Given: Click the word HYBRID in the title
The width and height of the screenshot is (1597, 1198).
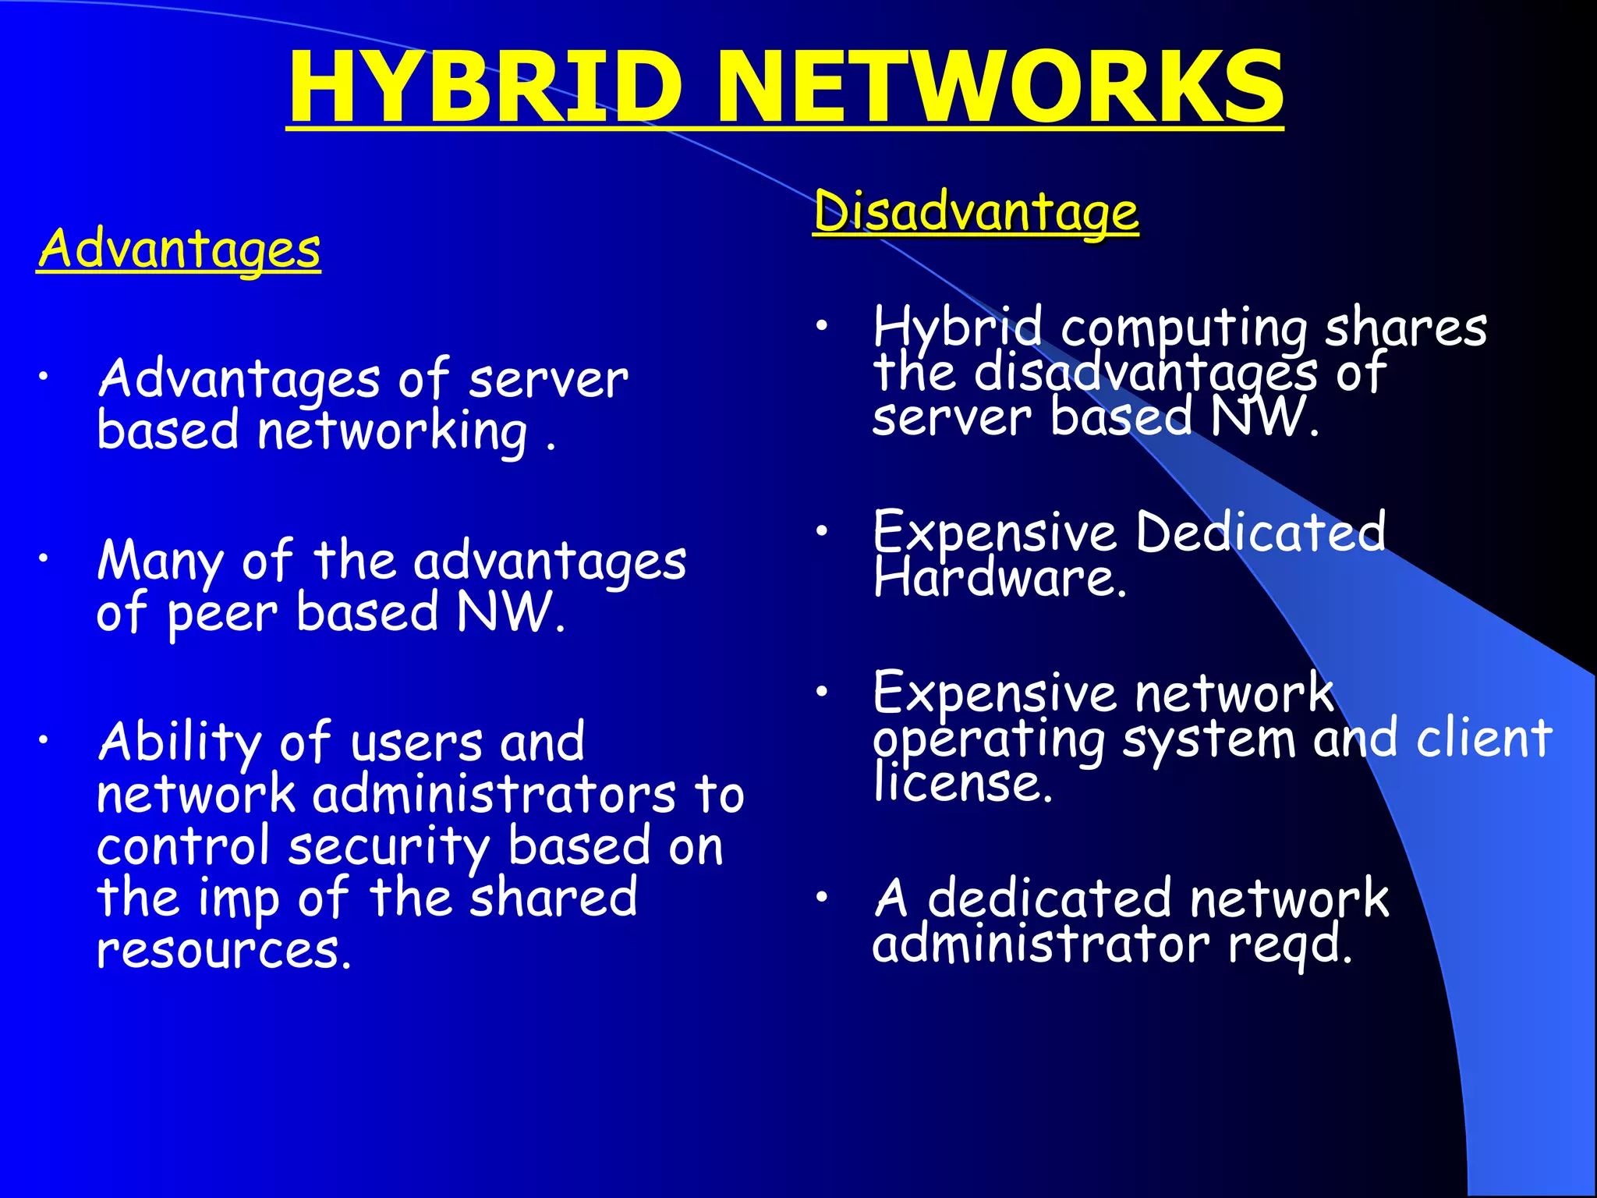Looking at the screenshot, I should pos(485,87).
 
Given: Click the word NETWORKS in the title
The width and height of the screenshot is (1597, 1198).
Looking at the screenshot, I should pos(1000,87).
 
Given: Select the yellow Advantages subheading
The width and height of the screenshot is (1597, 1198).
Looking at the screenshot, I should pos(179,250).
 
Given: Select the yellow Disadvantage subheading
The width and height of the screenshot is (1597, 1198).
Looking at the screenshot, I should pos(976,212).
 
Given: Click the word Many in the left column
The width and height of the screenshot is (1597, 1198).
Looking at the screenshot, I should pos(160,562).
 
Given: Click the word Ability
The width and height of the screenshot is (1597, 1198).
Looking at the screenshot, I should pos(179,743).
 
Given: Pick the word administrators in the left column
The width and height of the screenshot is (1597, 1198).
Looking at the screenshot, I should pos(494,796).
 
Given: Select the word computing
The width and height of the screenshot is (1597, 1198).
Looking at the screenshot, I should pos(1184,329).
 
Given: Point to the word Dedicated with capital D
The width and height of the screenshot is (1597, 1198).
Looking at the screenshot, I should pos(1261,533).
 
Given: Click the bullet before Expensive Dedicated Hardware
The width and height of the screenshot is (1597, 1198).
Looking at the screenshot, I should pos(821,531).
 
